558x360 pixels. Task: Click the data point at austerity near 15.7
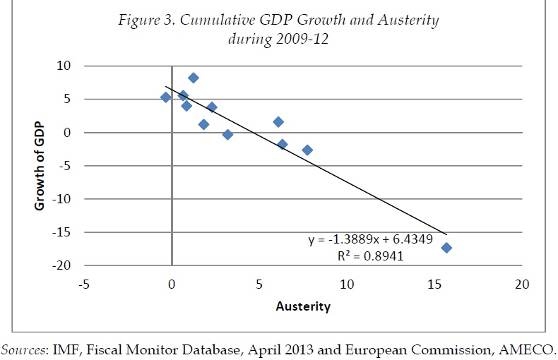coord(446,247)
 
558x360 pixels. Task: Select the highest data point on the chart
coord(194,78)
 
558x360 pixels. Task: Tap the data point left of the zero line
coord(166,97)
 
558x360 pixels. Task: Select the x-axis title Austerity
coord(302,307)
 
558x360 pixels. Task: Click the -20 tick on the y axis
coord(64,265)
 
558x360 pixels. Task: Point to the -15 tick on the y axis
coord(64,232)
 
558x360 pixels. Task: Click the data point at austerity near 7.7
coord(307,150)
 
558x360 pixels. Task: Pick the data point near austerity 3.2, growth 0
coord(227,134)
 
